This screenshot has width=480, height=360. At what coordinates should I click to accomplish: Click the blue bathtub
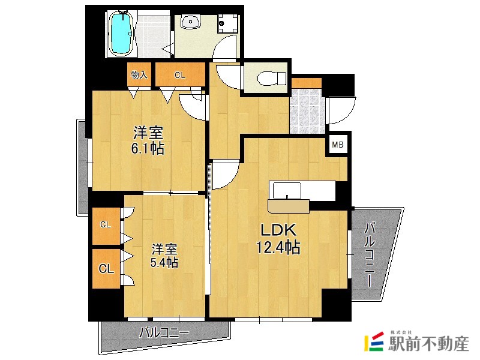coord(122,34)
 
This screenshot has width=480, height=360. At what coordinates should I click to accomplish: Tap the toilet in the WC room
coord(272,78)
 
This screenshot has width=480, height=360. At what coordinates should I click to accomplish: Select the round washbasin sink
coord(191,22)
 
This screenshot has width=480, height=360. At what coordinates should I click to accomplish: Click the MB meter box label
coord(338,145)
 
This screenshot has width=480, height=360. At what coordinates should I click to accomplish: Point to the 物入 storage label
coord(139,74)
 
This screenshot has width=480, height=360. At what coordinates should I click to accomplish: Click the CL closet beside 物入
coord(180,74)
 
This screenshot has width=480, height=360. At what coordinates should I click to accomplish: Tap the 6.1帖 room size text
coord(148,149)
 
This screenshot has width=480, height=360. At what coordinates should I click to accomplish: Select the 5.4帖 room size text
coord(164,262)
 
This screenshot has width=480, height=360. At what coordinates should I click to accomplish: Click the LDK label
coord(278,230)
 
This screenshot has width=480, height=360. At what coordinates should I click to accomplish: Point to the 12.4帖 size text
coord(278,247)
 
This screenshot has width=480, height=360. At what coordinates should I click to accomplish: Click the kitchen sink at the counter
coord(287,191)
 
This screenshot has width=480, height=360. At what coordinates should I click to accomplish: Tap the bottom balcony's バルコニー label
coord(164,332)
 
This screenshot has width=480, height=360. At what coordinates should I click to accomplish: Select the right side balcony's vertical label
coord(370,255)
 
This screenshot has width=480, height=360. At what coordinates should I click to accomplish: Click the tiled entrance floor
coord(307,111)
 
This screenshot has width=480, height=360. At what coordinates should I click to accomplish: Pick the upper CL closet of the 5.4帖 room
coord(106,226)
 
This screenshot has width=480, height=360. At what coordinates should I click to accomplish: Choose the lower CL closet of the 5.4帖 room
coord(106,269)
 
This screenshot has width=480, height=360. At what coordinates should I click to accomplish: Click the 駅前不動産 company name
coord(428,344)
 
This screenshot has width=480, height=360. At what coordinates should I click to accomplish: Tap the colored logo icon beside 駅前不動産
coord(374,341)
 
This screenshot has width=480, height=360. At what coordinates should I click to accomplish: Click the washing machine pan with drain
coord(228,23)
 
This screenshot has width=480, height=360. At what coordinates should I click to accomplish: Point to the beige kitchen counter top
coord(289,206)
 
